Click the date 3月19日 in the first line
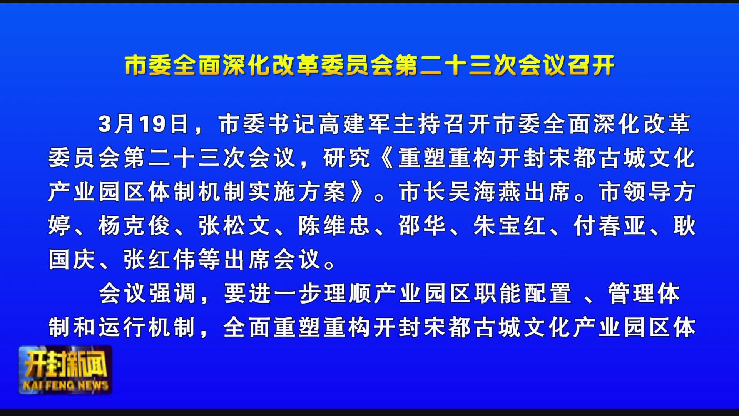pyautogui.click(x=144, y=124)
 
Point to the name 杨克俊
pyautogui.click(x=134, y=226)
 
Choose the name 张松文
pyautogui.click(x=234, y=226)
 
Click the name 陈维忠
pyautogui.click(x=334, y=226)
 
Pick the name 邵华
pyautogui.click(x=422, y=226)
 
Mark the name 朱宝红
pyautogui.click(x=510, y=226)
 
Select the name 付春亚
pyautogui.click(x=610, y=226)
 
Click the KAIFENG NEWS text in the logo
pyautogui.click(x=66, y=385)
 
